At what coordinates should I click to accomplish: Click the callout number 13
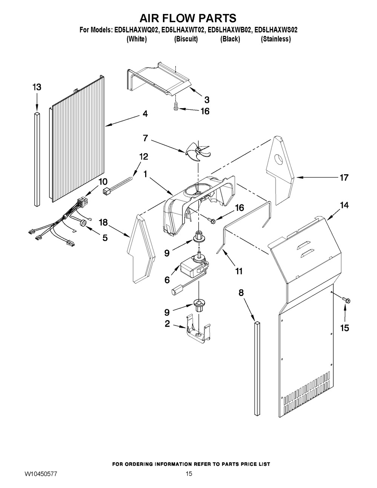tap(37, 87)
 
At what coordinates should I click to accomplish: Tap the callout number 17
tap(344, 177)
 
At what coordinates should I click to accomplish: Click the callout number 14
tap(344, 206)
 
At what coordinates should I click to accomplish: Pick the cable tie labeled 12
tap(118, 184)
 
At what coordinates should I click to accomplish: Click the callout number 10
tap(103, 181)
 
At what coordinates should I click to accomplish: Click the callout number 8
tap(242, 292)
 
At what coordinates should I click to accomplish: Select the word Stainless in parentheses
tap(276, 39)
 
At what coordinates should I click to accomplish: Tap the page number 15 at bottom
tap(188, 474)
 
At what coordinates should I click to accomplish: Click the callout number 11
tap(239, 271)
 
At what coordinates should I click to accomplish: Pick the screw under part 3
tap(176, 107)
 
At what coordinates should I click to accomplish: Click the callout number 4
tap(145, 114)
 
